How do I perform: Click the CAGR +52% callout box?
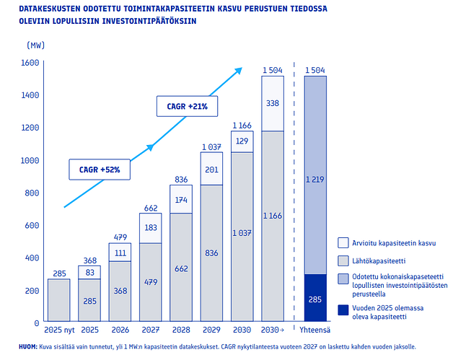tap(100, 170)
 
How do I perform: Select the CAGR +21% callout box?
tap(188, 107)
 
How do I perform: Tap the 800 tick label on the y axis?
tap(31, 193)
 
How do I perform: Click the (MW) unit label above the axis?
tap(35, 45)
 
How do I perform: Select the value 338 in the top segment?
tap(272, 103)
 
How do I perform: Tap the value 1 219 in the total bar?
tap(315, 179)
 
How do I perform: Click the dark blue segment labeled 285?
tap(315, 298)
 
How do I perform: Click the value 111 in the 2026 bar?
tap(120, 253)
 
